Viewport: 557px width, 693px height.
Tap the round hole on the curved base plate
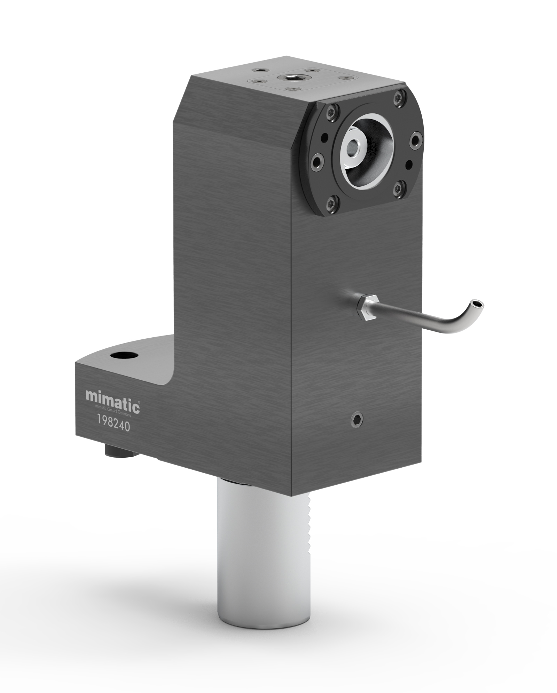[x=124, y=356]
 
